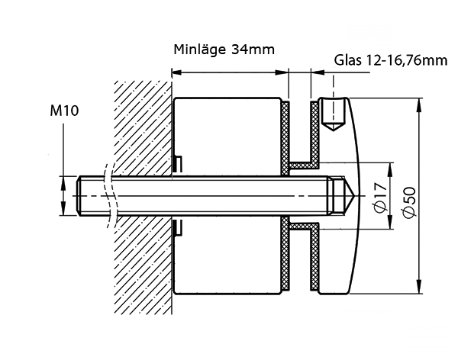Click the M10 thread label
coord(64,111)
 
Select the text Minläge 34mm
coord(224,50)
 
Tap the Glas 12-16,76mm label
coord(391,61)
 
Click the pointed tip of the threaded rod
coord(354,195)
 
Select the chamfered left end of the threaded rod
coord(79,196)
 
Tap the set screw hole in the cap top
coord(333,114)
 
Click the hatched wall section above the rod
coord(143,128)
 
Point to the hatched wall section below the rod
coord(143,265)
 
